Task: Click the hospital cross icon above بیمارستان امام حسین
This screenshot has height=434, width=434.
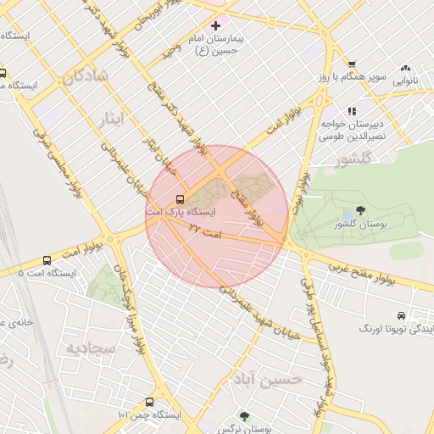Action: click(x=216, y=26)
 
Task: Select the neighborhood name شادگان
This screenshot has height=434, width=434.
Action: click(x=86, y=76)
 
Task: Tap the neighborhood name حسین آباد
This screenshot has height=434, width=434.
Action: click(x=277, y=380)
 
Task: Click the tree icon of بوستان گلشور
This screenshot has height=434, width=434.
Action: click(x=361, y=210)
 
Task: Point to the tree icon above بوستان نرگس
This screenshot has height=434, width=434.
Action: click(x=245, y=417)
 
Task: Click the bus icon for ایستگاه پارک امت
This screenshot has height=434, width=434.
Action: click(x=179, y=199)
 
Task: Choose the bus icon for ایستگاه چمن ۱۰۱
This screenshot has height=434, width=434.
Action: click(x=149, y=402)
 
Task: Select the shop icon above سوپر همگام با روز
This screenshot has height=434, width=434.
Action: click(x=352, y=65)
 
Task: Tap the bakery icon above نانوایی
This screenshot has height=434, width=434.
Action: click(x=406, y=68)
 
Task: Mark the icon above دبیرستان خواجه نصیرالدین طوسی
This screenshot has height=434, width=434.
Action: click(x=352, y=111)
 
